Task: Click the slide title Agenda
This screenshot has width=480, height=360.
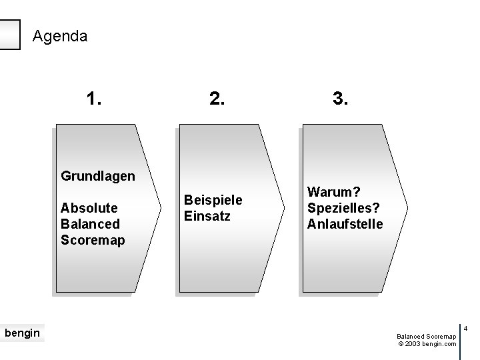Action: [59, 35]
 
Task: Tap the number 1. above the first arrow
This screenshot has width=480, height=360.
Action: [94, 99]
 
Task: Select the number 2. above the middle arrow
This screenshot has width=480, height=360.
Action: [217, 99]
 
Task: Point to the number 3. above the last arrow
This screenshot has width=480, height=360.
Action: [340, 99]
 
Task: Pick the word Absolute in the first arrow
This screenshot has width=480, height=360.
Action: [89, 207]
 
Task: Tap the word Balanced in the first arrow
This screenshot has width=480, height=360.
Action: [90, 223]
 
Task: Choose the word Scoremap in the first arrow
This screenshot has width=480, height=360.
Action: [93, 239]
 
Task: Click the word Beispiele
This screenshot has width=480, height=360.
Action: [213, 199]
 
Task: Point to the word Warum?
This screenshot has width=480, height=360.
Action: [329, 192]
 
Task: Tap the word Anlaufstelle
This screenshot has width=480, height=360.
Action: [345, 224]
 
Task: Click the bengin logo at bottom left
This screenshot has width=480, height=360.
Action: [22, 332]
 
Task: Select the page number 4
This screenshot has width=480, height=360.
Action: [466, 328]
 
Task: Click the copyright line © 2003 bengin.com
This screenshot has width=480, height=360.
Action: [427, 344]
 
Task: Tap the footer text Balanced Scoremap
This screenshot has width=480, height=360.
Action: [426, 337]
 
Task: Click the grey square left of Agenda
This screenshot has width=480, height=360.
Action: [9, 34]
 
